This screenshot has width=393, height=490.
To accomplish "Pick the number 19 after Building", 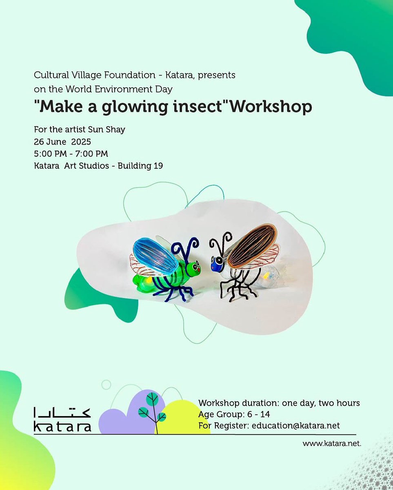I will point(158,166).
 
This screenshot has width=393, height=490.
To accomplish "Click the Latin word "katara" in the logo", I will point(62,428).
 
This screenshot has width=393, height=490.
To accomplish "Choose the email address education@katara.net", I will point(295,425).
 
